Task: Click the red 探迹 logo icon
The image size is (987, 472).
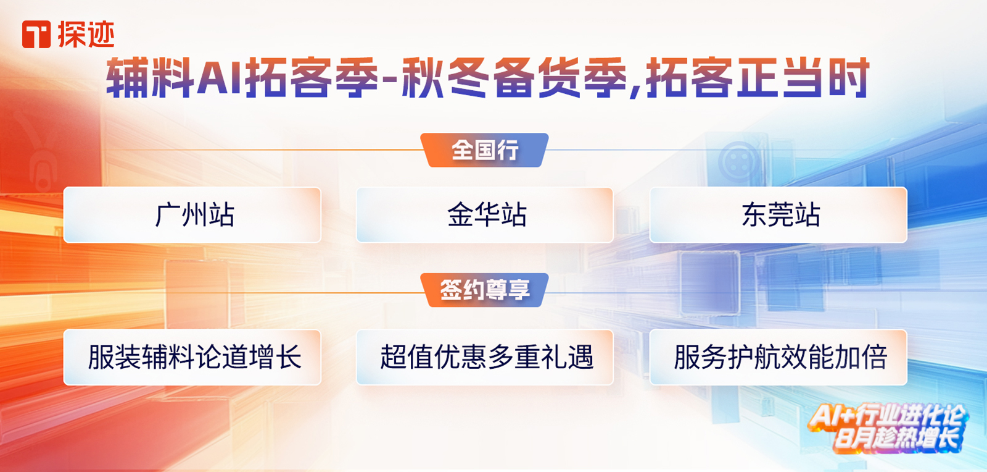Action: pyautogui.click(x=36, y=35)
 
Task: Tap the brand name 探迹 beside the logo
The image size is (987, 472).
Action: pyautogui.click(x=86, y=35)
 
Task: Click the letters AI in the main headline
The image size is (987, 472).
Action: pyautogui.click(x=219, y=78)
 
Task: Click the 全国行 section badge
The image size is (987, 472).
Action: pyautogui.click(x=485, y=150)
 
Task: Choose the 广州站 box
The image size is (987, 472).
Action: pyautogui.click(x=192, y=215)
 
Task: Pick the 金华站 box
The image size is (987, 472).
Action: pyautogui.click(x=485, y=215)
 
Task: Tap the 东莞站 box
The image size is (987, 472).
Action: pyautogui.click(x=778, y=215)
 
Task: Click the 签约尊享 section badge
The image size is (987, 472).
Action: pyautogui.click(x=485, y=290)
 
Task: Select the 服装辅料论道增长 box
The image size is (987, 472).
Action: pyautogui.click(x=192, y=357)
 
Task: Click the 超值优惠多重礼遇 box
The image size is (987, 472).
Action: pyautogui.click(x=485, y=357)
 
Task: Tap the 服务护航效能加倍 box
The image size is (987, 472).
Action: pyautogui.click(x=778, y=357)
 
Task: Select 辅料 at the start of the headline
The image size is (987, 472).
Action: pyautogui.click(x=151, y=78)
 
